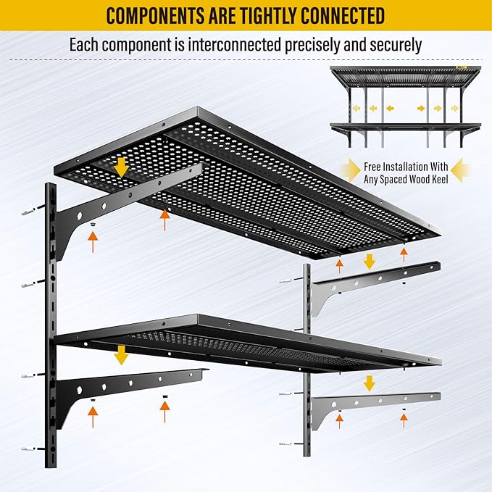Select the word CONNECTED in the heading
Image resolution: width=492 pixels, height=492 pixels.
coord(341,15)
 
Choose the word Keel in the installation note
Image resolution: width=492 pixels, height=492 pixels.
coord(436,178)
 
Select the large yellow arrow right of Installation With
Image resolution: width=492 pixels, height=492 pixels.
coord(461,172)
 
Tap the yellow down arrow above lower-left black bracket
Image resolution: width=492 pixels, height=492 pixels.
coord(121,355)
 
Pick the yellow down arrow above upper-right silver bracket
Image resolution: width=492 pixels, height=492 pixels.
coord(369,261)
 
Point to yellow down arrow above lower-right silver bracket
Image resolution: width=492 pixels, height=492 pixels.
coord(369,383)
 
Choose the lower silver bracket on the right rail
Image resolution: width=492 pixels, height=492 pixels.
coord(370,403)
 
